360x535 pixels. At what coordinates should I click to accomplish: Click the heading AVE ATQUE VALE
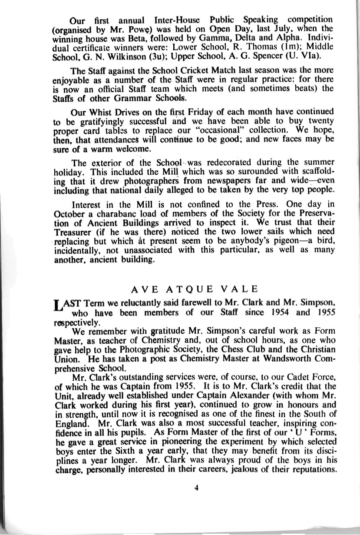coord(195,289)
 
